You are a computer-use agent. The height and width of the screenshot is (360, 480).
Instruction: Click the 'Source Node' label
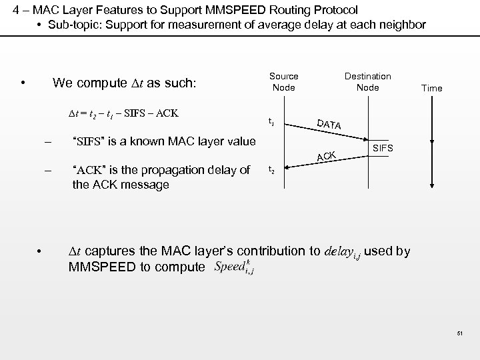[283, 82]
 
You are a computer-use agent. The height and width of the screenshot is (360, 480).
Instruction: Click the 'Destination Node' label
[367, 82]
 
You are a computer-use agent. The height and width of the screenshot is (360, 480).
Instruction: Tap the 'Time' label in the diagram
[431, 88]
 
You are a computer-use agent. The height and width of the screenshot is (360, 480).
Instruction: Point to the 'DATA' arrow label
[329, 124]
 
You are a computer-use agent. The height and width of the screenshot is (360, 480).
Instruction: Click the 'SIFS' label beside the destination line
[383, 147]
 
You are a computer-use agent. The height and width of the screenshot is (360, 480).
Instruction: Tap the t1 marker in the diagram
[271, 122]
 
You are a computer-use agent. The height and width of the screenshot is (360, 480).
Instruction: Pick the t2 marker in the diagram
[271, 169]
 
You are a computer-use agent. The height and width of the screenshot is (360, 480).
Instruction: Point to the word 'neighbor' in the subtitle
[401, 25]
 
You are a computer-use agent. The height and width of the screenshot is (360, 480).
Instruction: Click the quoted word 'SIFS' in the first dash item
[86, 141]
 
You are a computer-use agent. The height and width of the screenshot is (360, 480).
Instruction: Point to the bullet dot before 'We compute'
[23, 83]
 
